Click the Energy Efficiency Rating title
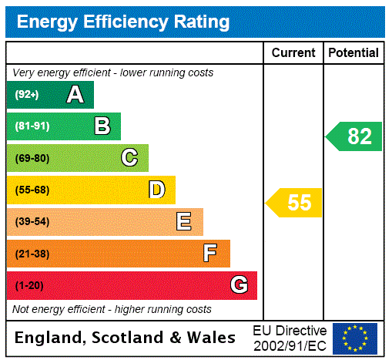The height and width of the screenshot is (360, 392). click(x=123, y=22)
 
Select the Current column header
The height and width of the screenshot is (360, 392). click(x=293, y=53)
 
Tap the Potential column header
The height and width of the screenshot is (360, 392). click(x=353, y=53)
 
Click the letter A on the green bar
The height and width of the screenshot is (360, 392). click(x=75, y=95)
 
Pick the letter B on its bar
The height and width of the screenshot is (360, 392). click(x=102, y=126)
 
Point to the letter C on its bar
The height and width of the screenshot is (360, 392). click(x=129, y=158)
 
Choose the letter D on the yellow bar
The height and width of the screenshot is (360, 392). click(x=157, y=190)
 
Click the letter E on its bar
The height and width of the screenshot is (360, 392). click(x=184, y=222)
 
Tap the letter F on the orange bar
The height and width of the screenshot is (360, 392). click(x=210, y=254)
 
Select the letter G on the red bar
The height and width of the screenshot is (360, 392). click(x=239, y=285)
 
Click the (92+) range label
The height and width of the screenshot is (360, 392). click(x=28, y=95)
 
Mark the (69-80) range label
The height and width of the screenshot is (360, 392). click(x=32, y=158)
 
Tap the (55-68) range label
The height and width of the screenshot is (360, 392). click(x=32, y=190)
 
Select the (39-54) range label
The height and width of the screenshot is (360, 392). click(x=32, y=222)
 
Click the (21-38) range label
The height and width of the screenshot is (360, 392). click(x=32, y=254)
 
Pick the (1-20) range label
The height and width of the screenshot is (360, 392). click(x=29, y=285)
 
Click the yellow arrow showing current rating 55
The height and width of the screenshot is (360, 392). click(x=295, y=203)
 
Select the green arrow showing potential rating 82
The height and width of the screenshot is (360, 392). click(x=354, y=136)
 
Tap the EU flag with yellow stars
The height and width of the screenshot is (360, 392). click(x=355, y=338)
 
